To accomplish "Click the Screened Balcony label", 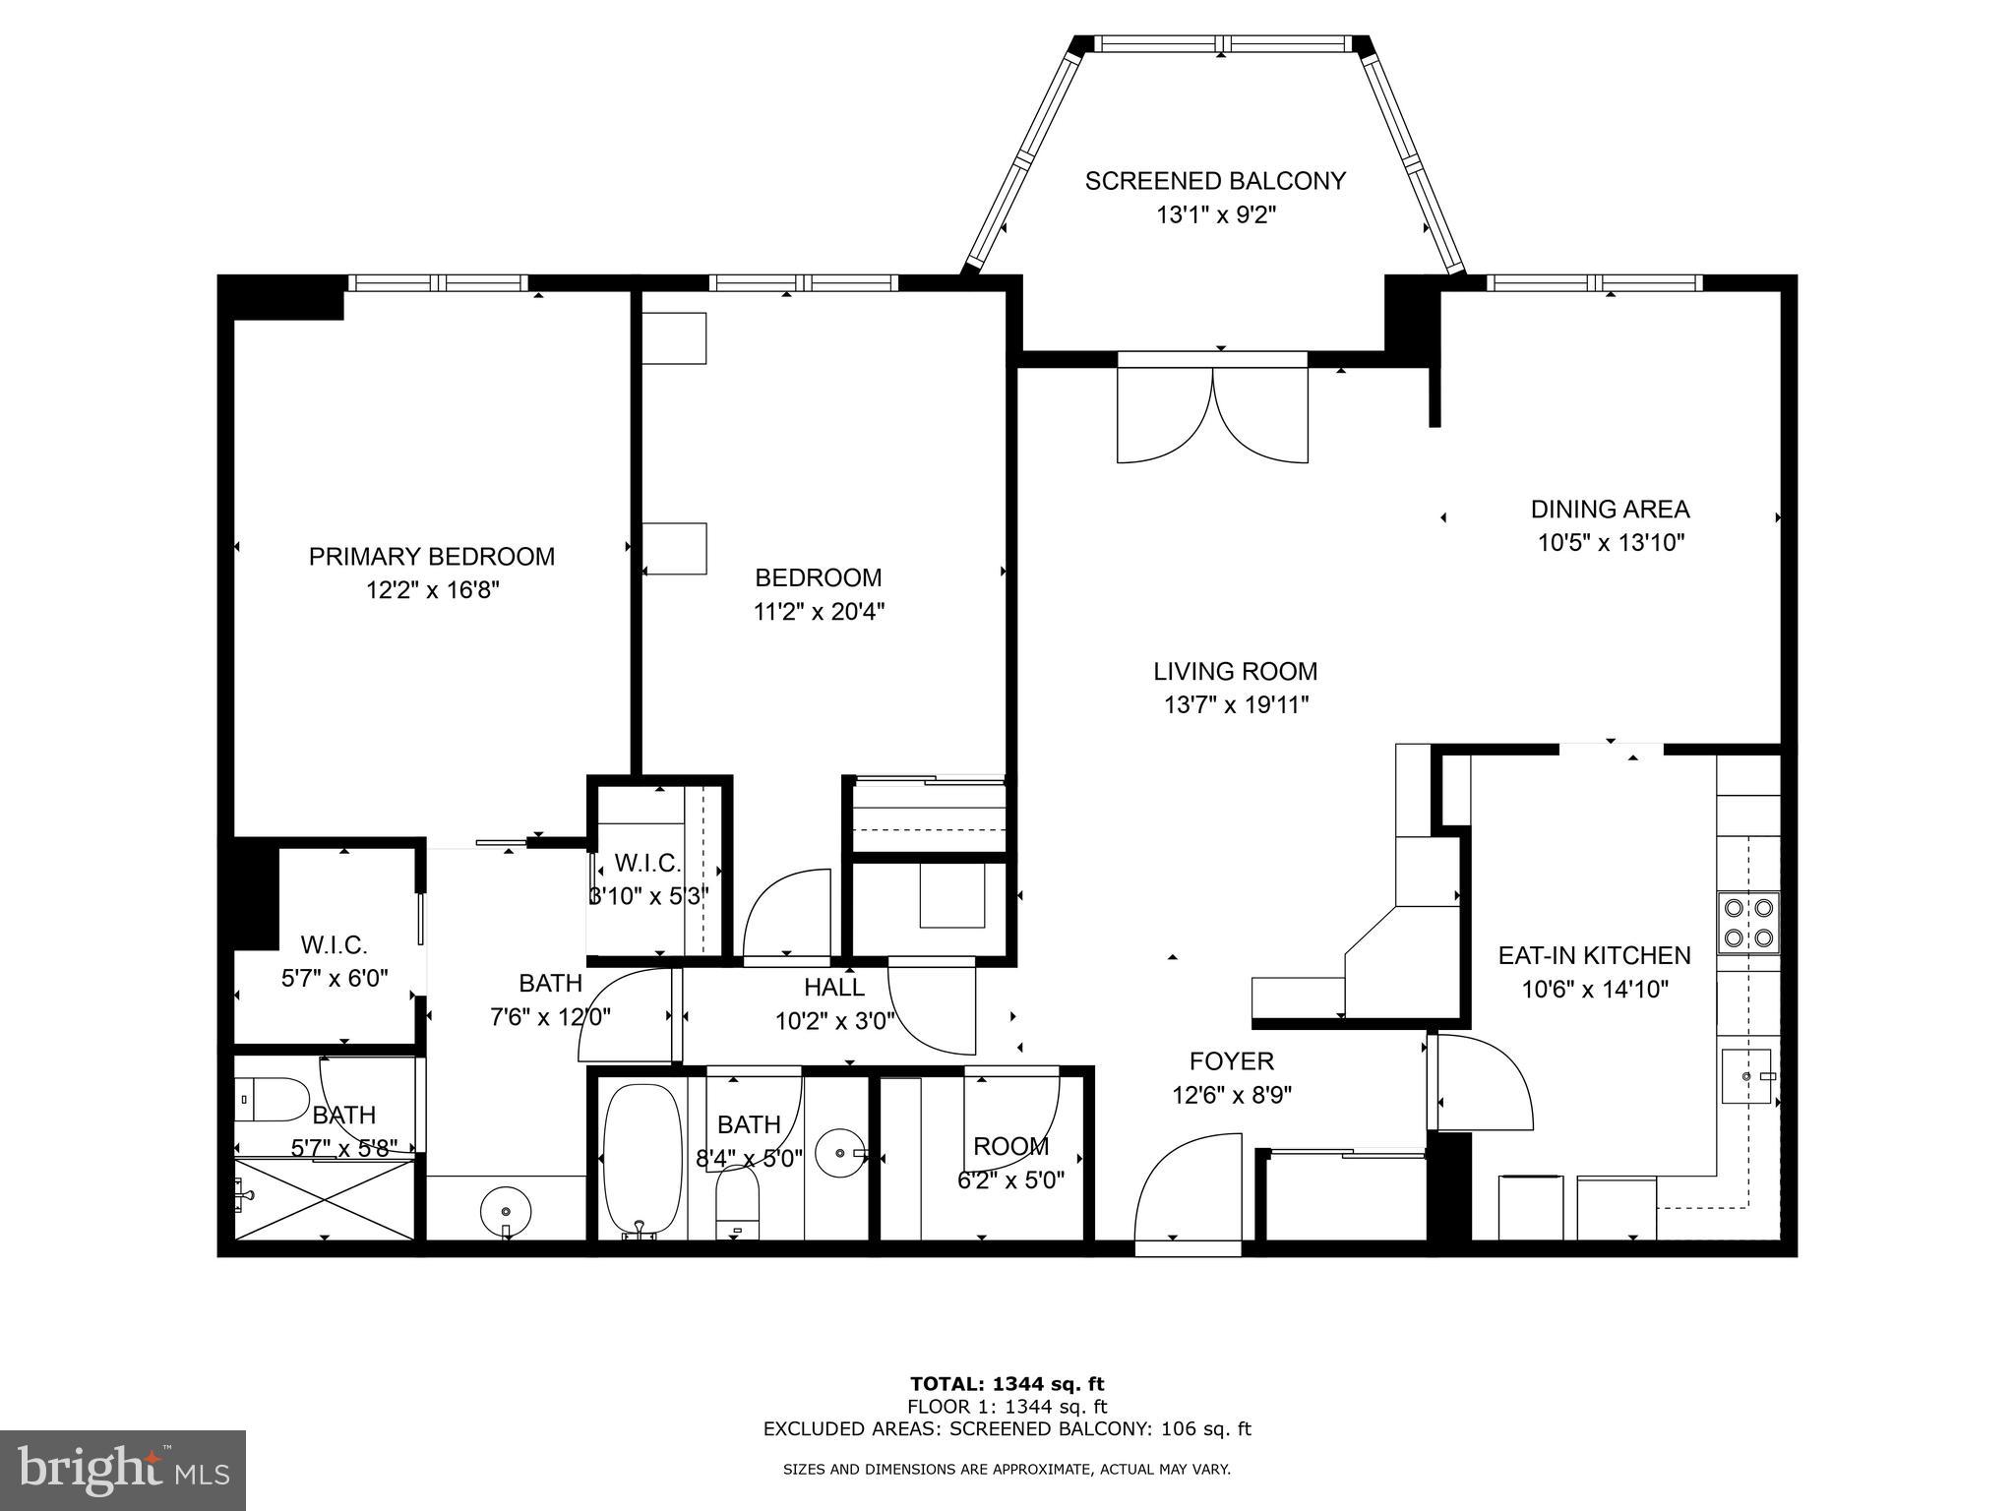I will coord(1215,181).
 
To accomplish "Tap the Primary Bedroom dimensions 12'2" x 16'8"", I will coord(434,590).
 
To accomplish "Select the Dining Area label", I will coord(1610,510).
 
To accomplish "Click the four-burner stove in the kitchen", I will coord(1748,923).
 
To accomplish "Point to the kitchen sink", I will coord(1746,1076).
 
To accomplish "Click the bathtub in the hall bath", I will coord(641,1161).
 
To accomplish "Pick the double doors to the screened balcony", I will coord(1212,413).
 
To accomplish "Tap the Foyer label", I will coord(1231,1061).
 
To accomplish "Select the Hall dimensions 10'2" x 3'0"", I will coord(834,1021).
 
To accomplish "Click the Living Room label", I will coord(1235,672).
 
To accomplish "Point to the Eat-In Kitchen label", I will coord(1594,955).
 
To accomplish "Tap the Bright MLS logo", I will coord(123,1471).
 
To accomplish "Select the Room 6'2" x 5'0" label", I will coord(1010,1163).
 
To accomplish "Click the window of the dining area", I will coord(1593,283).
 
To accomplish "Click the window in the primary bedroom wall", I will coord(438,283).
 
